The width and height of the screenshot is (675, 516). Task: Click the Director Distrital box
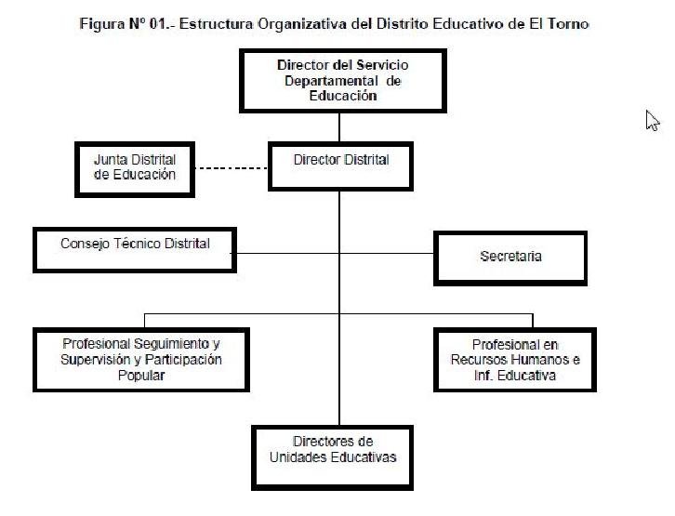340,166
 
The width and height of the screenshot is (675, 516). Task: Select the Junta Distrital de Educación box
135,169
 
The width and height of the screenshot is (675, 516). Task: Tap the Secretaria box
510,258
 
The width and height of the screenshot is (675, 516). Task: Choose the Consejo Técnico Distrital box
135,250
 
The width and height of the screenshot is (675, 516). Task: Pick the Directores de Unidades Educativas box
332,458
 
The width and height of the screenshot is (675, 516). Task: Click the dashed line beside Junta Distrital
232,168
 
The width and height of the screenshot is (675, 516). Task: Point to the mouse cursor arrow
652,121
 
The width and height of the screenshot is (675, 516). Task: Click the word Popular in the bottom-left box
141,376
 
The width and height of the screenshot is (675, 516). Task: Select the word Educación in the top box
343,96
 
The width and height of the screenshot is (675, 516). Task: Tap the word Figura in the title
102,24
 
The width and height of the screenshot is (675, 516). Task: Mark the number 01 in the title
157,23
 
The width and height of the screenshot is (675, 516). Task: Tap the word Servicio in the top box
382,65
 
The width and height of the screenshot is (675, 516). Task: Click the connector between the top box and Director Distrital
339,127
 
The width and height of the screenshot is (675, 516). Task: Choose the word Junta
111,160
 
